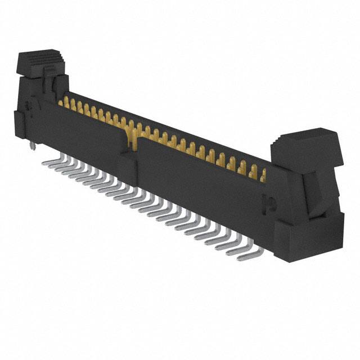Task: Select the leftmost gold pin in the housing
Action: coord(61,102)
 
